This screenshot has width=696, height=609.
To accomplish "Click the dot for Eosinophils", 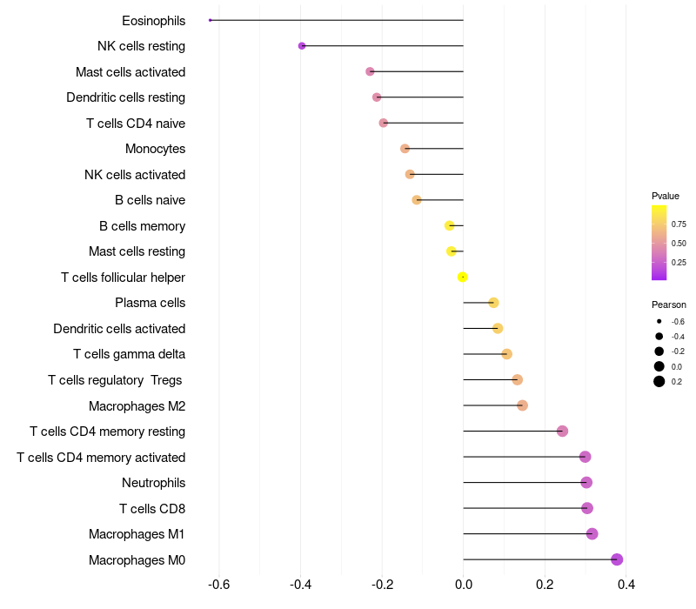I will tap(211, 20).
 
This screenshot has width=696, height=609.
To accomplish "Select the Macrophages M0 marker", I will tap(617, 559).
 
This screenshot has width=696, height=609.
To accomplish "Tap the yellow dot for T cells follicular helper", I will tap(463, 277).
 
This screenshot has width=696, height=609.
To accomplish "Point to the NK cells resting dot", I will tap(302, 46).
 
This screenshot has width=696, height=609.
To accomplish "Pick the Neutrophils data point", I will tap(586, 483).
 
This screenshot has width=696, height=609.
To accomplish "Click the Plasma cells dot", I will tap(493, 303).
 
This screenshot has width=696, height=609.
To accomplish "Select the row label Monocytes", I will tap(155, 149).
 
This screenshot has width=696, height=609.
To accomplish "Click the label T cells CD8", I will tap(152, 509).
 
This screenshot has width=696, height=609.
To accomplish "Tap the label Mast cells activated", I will tap(130, 72).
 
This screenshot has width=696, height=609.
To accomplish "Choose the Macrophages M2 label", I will tap(137, 406).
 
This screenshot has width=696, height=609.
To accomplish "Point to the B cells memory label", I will tap(142, 226).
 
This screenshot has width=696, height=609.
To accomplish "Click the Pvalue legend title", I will tap(666, 196).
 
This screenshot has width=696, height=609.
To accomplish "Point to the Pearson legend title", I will tap(669, 304).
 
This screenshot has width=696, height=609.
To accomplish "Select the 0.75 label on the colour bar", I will tap(679, 224).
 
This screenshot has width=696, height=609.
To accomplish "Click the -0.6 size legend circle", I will tap(659, 322).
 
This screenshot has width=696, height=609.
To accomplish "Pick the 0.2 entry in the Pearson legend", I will tap(659, 381).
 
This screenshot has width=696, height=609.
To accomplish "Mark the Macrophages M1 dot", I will tap(592, 534).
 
